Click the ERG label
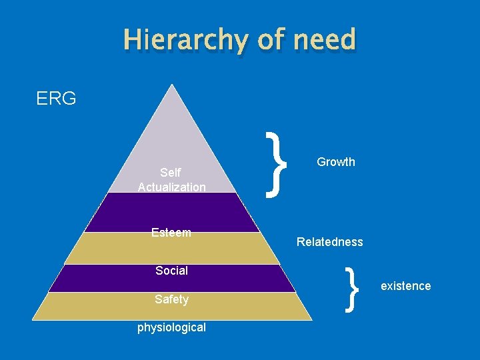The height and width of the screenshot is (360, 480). pos(56,99)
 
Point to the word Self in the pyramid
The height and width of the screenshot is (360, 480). pos(171,173)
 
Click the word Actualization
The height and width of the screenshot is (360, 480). pos(172,187)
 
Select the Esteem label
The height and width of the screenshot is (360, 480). pos(171,233)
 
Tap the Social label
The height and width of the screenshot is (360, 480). pos(171,271)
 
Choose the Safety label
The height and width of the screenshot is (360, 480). pos(171,300)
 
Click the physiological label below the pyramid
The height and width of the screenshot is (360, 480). pos(171,327)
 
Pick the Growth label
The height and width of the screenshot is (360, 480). pos(336,162)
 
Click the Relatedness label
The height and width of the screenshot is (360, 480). pos(330,242)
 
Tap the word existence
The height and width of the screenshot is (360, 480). pos(405,286)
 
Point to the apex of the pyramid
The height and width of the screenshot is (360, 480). pos(173,87)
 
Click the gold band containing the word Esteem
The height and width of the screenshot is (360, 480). pos(227,247)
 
